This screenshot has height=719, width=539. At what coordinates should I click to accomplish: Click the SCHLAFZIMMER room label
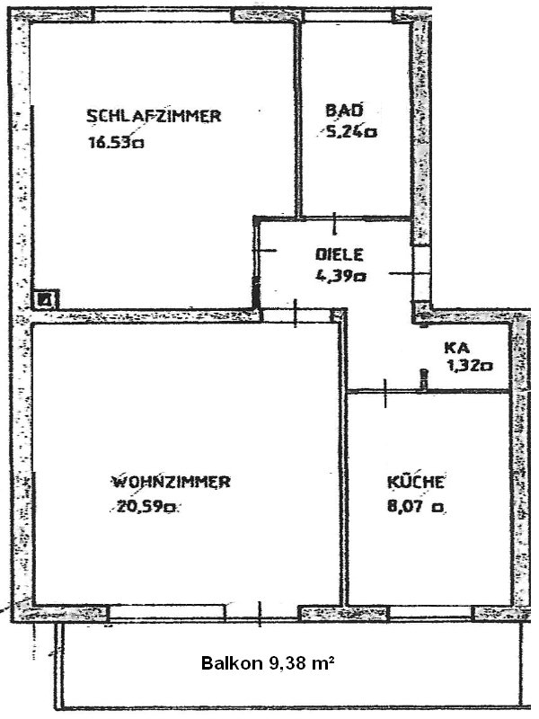(154, 116)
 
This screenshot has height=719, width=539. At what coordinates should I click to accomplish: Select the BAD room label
(344, 110)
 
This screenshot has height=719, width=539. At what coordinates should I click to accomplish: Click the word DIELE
(340, 254)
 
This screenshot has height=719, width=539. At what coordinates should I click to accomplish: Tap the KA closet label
(456, 347)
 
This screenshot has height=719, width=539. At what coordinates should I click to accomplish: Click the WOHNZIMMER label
(172, 482)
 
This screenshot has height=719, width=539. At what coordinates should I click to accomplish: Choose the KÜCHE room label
(416, 482)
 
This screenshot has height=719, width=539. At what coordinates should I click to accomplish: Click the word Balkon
(232, 663)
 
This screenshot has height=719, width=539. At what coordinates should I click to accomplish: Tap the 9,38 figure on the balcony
(284, 663)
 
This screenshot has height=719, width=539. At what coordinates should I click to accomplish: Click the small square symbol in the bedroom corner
(47, 300)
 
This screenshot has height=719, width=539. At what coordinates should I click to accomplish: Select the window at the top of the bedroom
(163, 15)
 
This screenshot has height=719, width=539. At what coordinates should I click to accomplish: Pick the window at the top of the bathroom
(349, 15)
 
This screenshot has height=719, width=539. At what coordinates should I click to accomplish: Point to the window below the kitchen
(430, 612)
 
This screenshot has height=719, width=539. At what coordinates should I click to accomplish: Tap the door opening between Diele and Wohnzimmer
(296, 315)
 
